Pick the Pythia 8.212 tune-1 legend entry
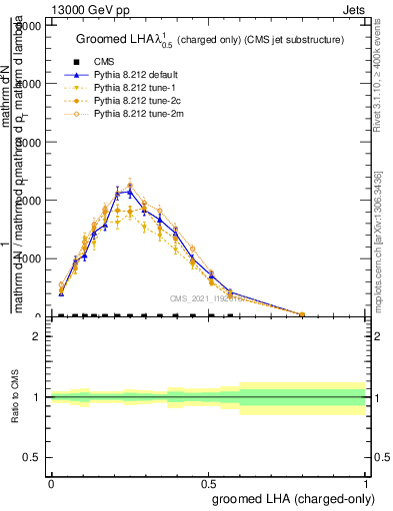coord(116,88)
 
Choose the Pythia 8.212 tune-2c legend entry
coord(118,101)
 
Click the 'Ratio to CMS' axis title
coord(14,397)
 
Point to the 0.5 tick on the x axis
coord(208,482)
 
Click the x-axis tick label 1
coord(365,482)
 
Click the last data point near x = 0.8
coord(302,313)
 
